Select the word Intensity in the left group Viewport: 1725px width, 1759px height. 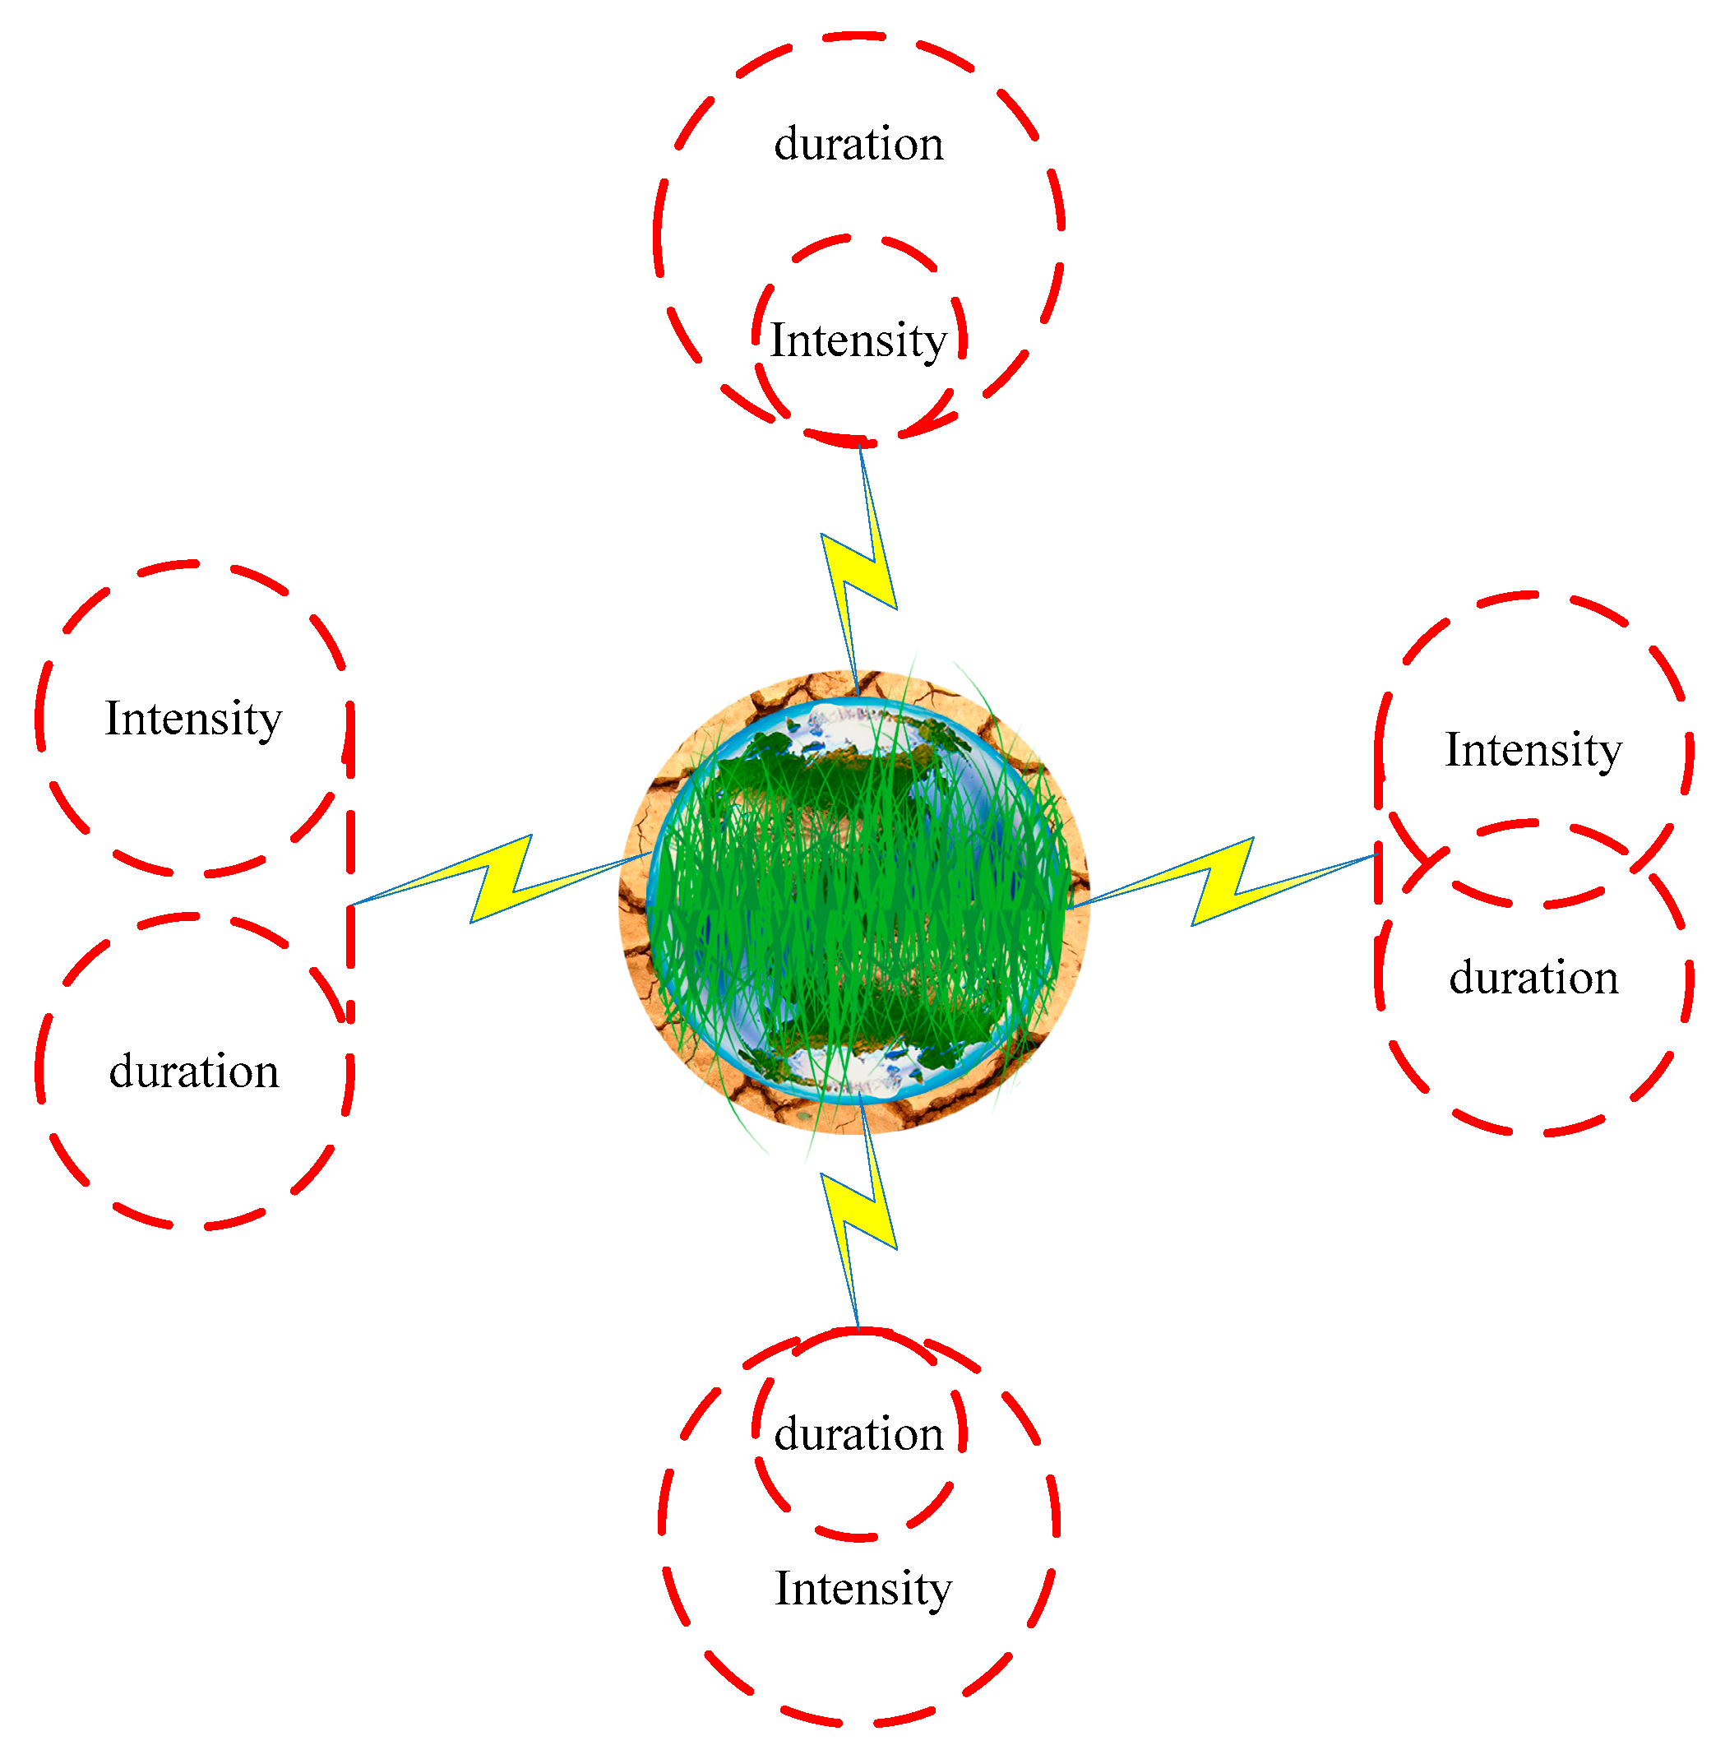coord(193,720)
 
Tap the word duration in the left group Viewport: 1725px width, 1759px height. coord(193,1072)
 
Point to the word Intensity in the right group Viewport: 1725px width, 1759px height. coord(1533,750)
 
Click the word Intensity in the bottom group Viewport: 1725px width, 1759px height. coord(862,1589)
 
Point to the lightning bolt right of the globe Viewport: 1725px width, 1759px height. coord(1223,880)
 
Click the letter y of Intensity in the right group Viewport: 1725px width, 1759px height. coord(1610,754)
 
